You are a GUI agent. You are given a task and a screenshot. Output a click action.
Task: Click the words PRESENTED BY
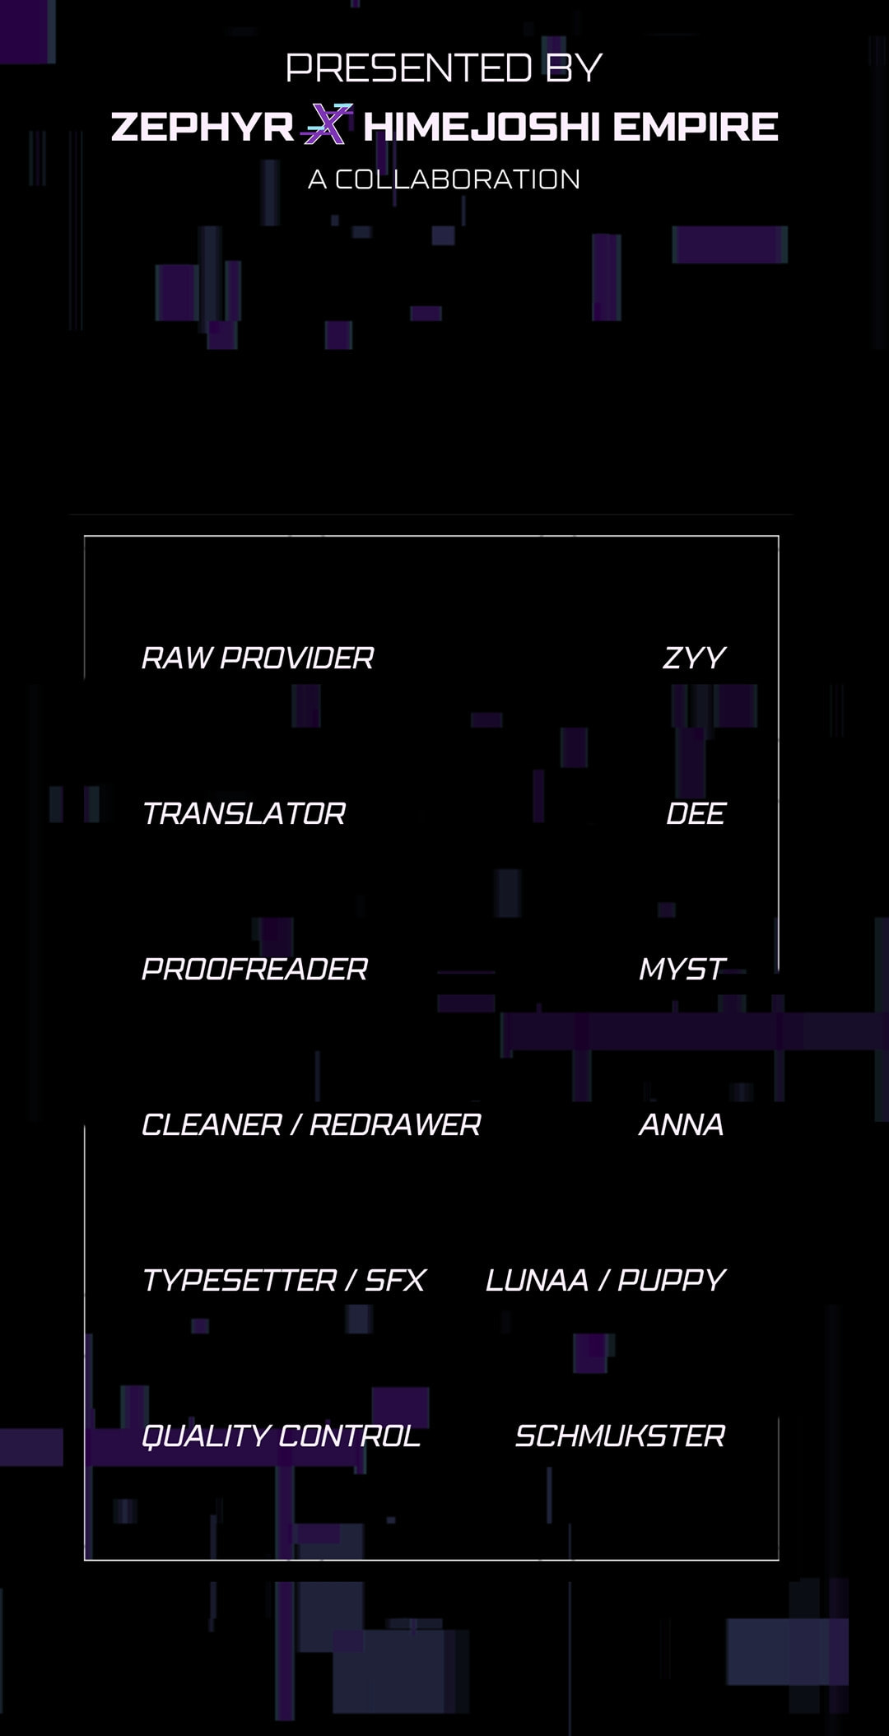pyautogui.click(x=444, y=67)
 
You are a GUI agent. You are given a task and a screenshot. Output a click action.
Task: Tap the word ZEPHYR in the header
pyautogui.click(x=202, y=127)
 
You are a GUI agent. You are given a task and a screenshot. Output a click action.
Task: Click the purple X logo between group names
pyautogui.click(x=327, y=124)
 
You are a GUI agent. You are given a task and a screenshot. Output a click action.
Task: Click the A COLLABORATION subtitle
pyautogui.click(x=444, y=179)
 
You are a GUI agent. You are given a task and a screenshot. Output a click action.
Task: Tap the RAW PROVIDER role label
pyautogui.click(x=258, y=658)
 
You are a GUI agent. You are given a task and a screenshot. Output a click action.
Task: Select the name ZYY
pyautogui.click(x=694, y=658)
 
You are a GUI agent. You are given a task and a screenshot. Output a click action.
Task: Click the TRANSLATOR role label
pyautogui.click(x=244, y=813)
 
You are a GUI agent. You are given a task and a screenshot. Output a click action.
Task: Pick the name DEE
pyautogui.click(x=696, y=813)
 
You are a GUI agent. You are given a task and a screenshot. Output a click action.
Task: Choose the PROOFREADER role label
pyautogui.click(x=254, y=969)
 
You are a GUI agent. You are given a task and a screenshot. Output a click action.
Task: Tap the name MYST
pyautogui.click(x=682, y=969)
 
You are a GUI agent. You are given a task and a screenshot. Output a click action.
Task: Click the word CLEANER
pyautogui.click(x=212, y=1124)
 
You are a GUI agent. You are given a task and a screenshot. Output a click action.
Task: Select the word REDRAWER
pyautogui.click(x=395, y=1124)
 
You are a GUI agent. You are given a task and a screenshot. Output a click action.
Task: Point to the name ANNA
pyautogui.click(x=682, y=1124)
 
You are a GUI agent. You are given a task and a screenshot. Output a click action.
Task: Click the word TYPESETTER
pyautogui.click(x=240, y=1280)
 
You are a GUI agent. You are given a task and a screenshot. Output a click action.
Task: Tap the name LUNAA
pyautogui.click(x=537, y=1280)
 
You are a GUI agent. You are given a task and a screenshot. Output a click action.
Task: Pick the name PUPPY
pyautogui.click(x=672, y=1280)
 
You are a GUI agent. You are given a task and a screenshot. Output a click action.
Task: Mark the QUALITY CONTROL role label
pyautogui.click(x=281, y=1436)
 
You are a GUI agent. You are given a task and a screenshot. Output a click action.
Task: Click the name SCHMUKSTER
pyautogui.click(x=620, y=1436)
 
